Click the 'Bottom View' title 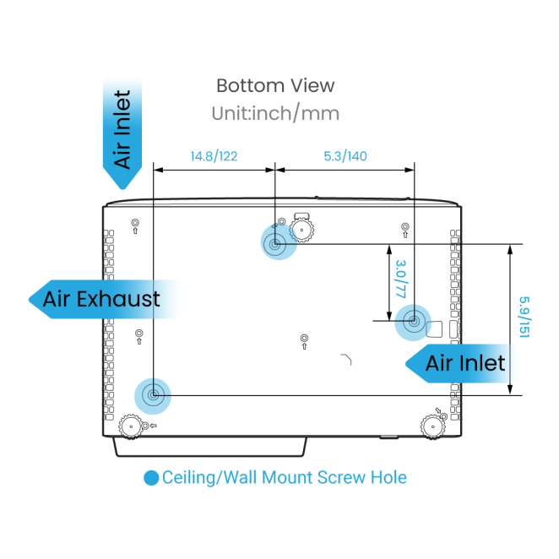click(275, 85)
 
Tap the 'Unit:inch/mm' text click(275, 112)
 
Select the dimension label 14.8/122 click(214, 156)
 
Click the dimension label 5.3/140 click(345, 156)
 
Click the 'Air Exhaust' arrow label click(102, 299)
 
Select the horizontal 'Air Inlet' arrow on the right click(464, 363)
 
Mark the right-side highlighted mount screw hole click(414, 320)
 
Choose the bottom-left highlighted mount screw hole click(153, 394)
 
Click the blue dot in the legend click(151, 478)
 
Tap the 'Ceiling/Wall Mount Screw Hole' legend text click(285, 478)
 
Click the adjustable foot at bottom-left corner click(130, 427)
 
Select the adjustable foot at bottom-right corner click(434, 427)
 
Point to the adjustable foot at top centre click(302, 230)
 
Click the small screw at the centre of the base click(304, 339)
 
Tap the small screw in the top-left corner click(135, 224)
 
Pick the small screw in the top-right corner click(405, 226)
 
